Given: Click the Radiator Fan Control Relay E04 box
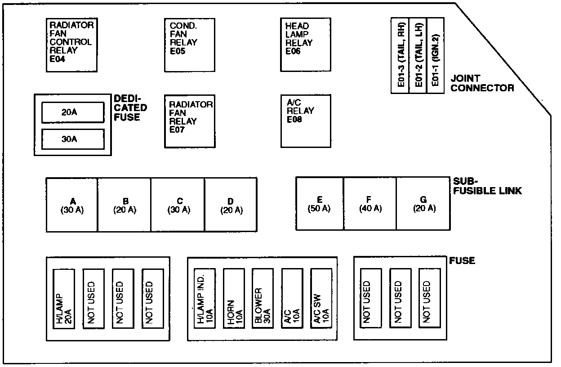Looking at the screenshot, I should (x=72, y=45).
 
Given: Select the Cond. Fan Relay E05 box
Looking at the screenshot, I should (x=189, y=45).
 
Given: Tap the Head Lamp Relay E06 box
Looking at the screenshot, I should (x=306, y=45).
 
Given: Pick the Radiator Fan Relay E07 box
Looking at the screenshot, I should (x=189, y=121).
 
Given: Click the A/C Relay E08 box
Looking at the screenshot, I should (x=306, y=121).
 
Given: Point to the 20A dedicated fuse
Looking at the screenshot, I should (x=72, y=112).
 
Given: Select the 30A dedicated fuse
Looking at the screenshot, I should (x=72, y=139).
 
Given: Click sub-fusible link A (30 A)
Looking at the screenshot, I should (x=72, y=205).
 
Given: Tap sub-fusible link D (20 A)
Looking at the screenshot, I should (x=231, y=205).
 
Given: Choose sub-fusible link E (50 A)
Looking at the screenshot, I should (x=320, y=204).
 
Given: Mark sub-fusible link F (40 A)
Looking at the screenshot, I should (x=370, y=204).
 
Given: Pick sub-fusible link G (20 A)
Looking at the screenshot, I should (x=423, y=204).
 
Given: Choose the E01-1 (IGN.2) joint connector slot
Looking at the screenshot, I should (x=435, y=55).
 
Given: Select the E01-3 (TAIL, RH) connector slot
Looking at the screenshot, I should (x=400, y=55).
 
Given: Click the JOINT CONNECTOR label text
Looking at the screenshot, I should (x=482, y=83).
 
